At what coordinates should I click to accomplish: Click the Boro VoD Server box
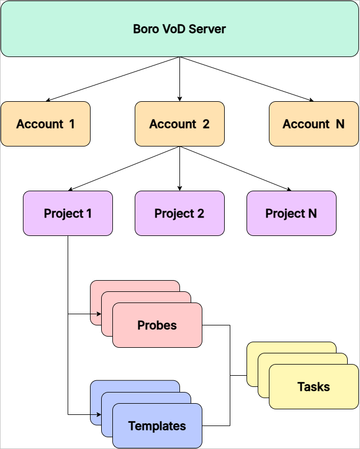point(179,29)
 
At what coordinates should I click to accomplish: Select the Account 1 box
point(45,124)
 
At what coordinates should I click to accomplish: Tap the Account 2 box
point(179,124)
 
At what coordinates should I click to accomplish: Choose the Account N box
point(314,124)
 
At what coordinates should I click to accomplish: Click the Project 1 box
point(68,214)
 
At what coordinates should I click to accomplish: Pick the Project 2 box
point(179,214)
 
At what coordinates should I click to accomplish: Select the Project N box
point(291,214)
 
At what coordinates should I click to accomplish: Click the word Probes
point(157,325)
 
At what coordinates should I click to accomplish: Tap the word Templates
point(157,426)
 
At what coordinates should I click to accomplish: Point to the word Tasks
point(314,386)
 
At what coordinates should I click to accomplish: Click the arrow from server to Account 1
point(113,79)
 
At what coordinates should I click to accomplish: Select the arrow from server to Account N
point(247,79)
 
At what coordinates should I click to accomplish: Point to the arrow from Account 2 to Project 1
point(124,168)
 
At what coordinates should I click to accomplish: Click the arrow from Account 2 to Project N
point(235,168)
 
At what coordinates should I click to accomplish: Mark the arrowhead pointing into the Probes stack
point(99,314)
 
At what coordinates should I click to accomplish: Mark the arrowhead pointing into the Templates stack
point(99,414)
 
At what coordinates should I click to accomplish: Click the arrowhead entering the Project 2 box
point(179,188)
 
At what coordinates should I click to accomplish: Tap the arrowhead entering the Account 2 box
point(179,99)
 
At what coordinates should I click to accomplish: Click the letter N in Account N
point(340,124)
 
